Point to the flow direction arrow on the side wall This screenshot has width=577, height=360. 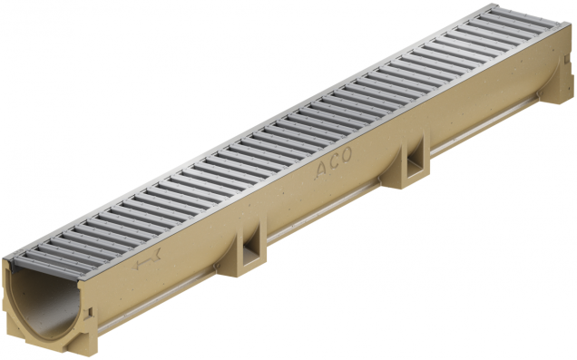(x=146, y=263)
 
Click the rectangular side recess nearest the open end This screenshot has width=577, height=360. (x=249, y=243)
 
